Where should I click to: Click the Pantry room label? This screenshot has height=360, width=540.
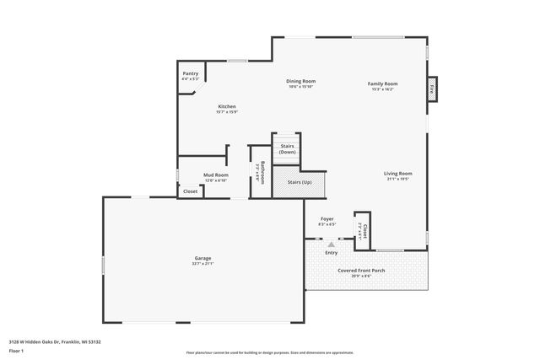191,73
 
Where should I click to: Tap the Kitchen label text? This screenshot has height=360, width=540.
227,106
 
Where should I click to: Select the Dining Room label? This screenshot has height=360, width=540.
300,81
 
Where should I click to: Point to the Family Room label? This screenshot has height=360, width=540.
382,83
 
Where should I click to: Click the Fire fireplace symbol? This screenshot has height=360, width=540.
432,88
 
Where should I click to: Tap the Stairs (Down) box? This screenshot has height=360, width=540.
287,148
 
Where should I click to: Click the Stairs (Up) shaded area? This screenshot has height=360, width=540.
300,182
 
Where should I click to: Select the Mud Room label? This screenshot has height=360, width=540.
216,175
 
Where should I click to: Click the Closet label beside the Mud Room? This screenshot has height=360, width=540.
191,191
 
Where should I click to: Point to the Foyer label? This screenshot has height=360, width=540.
327,219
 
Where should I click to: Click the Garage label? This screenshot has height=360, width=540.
202,258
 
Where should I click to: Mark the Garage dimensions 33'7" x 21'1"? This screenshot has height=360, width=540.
202,264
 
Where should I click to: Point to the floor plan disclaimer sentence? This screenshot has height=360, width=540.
270,352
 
